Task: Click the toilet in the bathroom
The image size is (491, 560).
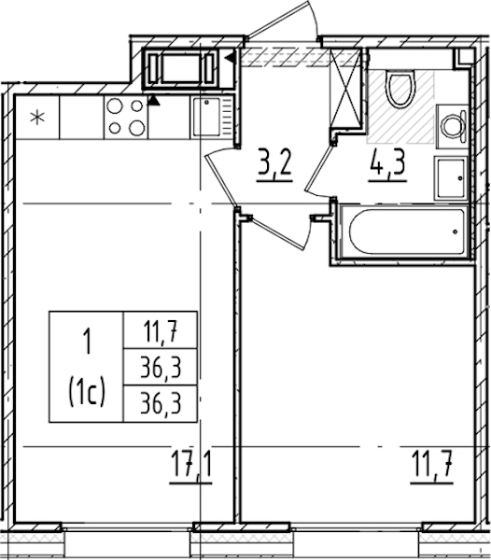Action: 402,89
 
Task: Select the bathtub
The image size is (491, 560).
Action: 403,231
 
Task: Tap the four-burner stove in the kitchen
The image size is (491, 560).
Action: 126,118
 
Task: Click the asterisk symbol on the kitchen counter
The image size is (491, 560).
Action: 37,118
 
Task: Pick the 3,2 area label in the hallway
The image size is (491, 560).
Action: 274,166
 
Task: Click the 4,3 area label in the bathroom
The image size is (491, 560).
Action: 387,166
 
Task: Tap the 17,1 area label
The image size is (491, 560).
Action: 191,467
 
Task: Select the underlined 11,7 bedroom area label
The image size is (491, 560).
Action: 432,467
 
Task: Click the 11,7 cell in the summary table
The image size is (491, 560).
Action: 161,330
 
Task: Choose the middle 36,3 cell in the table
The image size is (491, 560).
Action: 161,368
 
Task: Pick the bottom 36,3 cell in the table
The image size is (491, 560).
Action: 161,404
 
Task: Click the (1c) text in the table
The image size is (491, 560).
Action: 87,393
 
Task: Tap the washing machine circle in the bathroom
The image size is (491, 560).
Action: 452,126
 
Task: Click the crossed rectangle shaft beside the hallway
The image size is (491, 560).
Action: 344,89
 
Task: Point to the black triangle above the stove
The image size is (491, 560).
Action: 153,101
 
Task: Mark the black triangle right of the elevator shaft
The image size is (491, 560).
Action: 231,57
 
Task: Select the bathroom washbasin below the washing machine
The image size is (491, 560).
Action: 451,178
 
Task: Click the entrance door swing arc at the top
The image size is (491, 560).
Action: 313,18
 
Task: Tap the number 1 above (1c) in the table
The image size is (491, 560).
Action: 87,342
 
